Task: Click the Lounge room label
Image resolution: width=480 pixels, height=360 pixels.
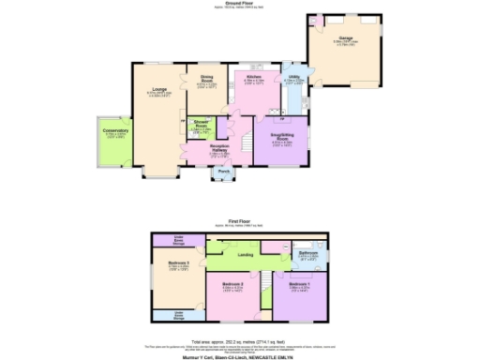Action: coord(157,90)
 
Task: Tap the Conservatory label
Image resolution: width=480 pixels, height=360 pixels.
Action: coord(116,131)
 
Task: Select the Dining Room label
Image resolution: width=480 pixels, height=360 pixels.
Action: coord(206,81)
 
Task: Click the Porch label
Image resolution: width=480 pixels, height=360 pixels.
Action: coord(224,172)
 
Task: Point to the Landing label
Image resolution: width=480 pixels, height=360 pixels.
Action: coord(246,254)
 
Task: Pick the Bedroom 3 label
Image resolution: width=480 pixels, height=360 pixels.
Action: coord(166,265)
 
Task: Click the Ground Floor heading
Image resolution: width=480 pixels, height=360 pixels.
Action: coord(240,3)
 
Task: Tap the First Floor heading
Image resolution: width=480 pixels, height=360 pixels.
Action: coord(240,221)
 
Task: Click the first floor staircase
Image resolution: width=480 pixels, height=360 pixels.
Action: coord(270,281)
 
